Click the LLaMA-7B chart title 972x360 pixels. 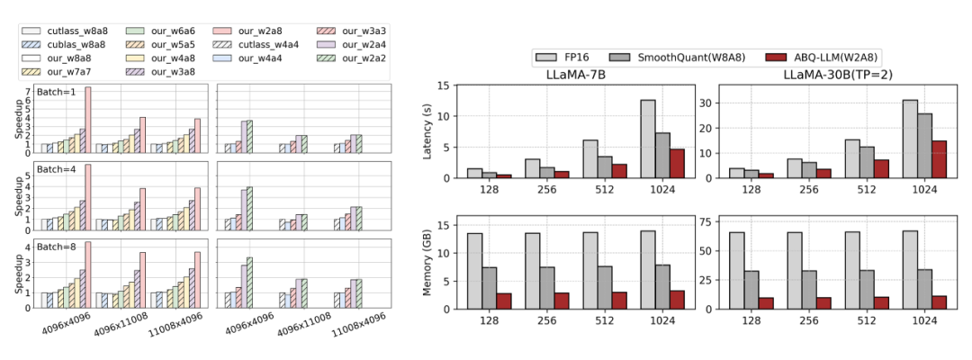tap(576, 74)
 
